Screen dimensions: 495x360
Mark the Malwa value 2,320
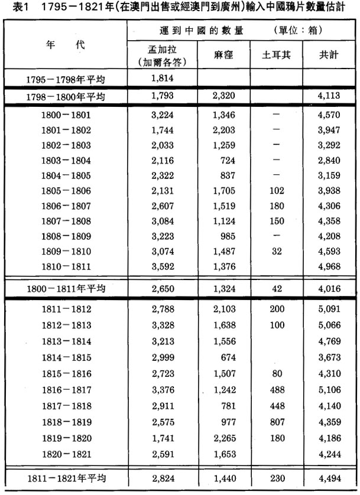pos(224,95)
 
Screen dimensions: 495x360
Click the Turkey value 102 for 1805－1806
pos(275,191)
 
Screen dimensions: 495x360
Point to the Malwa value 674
pos(224,358)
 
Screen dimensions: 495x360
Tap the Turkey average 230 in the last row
pos(275,477)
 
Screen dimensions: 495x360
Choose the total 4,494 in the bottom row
pos(326,477)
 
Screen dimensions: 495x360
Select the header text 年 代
pos(65,45)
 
